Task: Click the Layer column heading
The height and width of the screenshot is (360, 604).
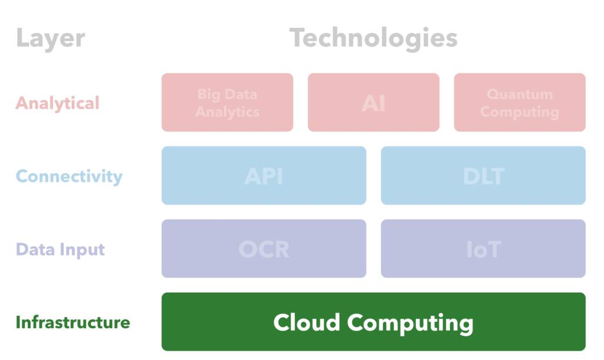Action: coord(50,39)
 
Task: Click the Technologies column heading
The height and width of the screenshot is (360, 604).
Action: coord(373,39)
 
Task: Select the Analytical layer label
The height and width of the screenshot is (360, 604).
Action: coord(57,103)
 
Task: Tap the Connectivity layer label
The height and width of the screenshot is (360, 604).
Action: coord(69,176)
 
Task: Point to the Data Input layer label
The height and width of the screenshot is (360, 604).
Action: coord(60,249)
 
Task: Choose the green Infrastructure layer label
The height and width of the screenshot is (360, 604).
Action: coord(73,322)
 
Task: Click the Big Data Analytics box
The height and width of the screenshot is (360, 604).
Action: coord(227,103)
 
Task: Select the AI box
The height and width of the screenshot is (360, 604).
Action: coord(373,103)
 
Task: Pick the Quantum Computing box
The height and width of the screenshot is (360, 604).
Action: coord(520,103)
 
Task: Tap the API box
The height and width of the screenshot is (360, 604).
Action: coord(264,176)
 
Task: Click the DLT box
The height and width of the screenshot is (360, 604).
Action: coord(483,176)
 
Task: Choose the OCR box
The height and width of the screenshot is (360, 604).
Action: coord(264,249)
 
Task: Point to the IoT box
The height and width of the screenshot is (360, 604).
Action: coord(483,249)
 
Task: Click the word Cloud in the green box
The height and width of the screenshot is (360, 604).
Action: coord(306,322)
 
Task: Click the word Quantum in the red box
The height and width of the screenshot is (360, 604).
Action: coord(520,94)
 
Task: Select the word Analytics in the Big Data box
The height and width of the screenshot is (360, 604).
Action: coord(227,112)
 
